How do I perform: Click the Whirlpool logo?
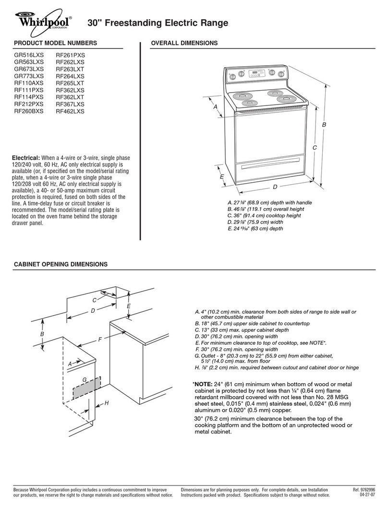point(42,23)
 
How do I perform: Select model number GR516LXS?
point(28,55)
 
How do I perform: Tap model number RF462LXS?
point(70,111)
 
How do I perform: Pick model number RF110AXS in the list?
point(28,83)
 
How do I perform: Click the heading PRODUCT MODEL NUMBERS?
point(55,43)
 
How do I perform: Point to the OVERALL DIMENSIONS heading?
point(184,43)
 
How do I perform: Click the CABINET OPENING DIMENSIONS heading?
point(61,264)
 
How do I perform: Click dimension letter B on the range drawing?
point(324,125)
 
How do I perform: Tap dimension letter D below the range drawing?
point(275,187)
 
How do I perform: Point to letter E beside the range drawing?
point(222,177)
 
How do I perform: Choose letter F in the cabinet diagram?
point(100,340)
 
